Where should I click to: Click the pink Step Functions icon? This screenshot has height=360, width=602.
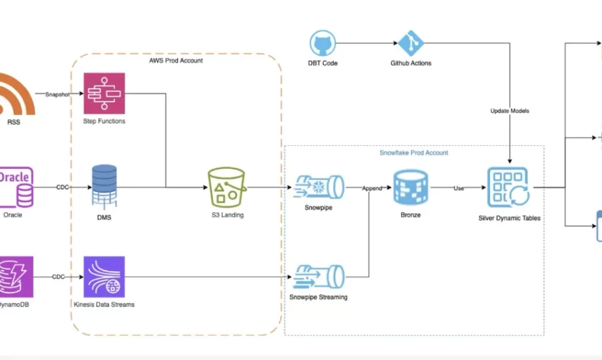[x=104, y=93]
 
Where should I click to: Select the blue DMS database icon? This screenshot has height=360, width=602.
[x=105, y=187]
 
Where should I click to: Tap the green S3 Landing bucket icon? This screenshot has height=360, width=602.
[x=227, y=187]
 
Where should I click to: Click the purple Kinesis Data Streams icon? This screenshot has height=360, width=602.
[x=104, y=276]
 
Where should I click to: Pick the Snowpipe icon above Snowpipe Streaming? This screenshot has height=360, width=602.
[x=319, y=187]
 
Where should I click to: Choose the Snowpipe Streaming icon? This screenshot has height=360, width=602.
[x=319, y=276]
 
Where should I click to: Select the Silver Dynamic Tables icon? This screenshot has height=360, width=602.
[x=508, y=187]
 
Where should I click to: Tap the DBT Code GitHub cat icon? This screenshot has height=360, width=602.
[x=322, y=43]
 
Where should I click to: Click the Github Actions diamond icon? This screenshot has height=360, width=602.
[x=411, y=43]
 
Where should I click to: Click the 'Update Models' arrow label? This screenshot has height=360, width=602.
[x=510, y=111]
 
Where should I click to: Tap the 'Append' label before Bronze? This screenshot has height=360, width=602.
[x=372, y=188]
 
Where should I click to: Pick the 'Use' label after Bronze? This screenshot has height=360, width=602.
[x=459, y=188]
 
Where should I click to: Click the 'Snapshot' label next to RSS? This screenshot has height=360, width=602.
[x=58, y=94]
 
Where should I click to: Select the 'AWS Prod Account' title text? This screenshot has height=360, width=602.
[x=176, y=61]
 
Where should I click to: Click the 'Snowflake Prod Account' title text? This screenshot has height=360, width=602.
[x=414, y=153]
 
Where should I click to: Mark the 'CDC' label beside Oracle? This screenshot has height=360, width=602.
[x=62, y=188]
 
